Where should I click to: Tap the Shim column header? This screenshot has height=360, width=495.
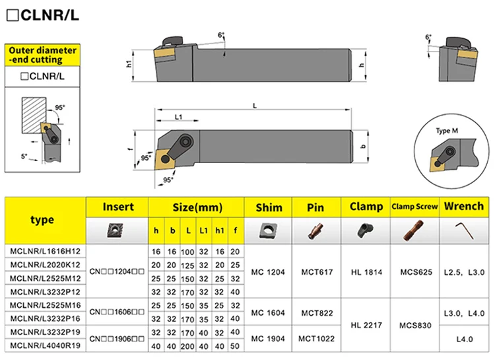click(x=268, y=207)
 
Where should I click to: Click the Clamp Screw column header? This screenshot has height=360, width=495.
click(x=414, y=207)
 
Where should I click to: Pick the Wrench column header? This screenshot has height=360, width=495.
click(x=463, y=207)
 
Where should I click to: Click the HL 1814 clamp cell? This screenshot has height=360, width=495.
click(x=366, y=271)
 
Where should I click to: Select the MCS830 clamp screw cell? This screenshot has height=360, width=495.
click(x=414, y=326)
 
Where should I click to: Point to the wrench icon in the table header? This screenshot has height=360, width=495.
click(x=463, y=231)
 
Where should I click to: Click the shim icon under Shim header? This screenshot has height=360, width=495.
click(x=268, y=231)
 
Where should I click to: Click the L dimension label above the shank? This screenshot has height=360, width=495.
click(x=255, y=106)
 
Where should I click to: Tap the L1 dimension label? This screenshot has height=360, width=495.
click(x=178, y=116)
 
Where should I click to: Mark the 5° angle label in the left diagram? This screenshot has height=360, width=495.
click(x=24, y=156)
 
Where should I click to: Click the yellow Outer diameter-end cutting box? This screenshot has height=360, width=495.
click(x=43, y=55)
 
